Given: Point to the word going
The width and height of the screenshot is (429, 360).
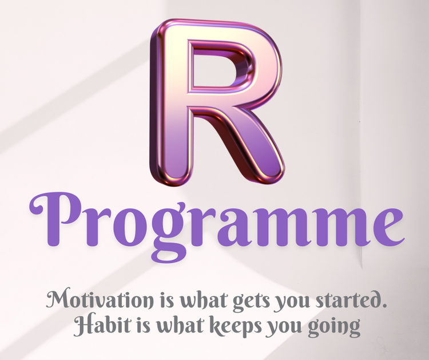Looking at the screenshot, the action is coord(334,327).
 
